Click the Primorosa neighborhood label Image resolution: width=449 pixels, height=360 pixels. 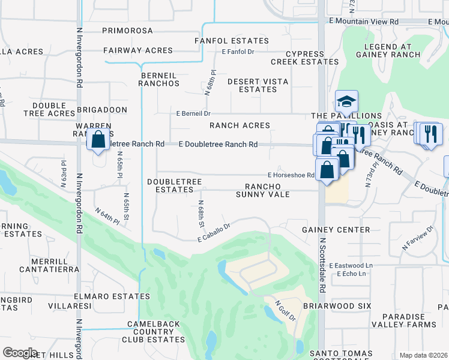click(128, 30)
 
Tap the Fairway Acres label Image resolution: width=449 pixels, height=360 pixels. click(137, 51)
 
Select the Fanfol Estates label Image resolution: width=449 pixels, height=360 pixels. click(232, 41)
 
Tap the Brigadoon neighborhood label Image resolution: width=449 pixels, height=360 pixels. click(101, 110)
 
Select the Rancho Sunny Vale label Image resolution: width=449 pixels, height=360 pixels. click(263, 190)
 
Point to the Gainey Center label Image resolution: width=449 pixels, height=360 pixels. click(336, 230)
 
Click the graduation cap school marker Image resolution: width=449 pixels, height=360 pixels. click(346, 101)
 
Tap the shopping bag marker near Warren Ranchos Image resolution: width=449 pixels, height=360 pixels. click(98, 140)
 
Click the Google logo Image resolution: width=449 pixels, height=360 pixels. click(20, 353)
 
